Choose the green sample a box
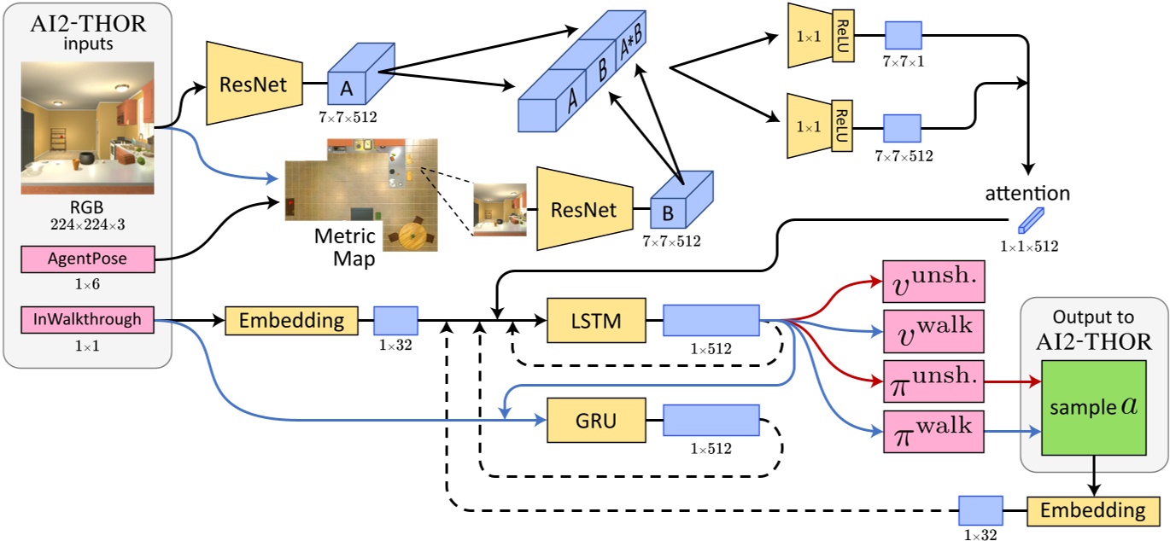pos(1092,406)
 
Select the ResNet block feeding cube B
pos(583,209)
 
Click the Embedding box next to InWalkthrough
pos(290,321)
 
